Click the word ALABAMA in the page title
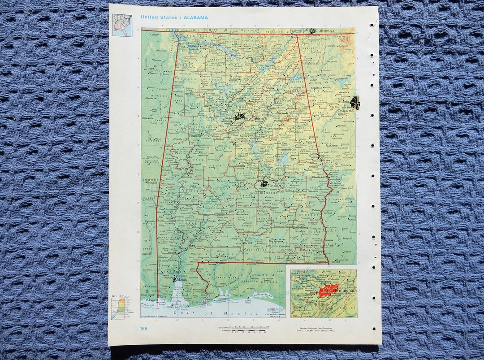tap(195, 17)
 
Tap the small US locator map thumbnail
tap(122, 25)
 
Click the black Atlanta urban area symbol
tap(355, 103)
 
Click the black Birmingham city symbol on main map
tap(239, 117)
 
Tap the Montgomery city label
tap(277, 185)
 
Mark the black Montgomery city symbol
tap(264, 184)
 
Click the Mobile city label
tap(182, 280)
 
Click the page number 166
tap(143, 329)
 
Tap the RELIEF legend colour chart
tap(118, 308)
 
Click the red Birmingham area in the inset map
tap(327, 291)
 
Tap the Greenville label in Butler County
tap(242, 214)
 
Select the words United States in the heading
tap(158, 17)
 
